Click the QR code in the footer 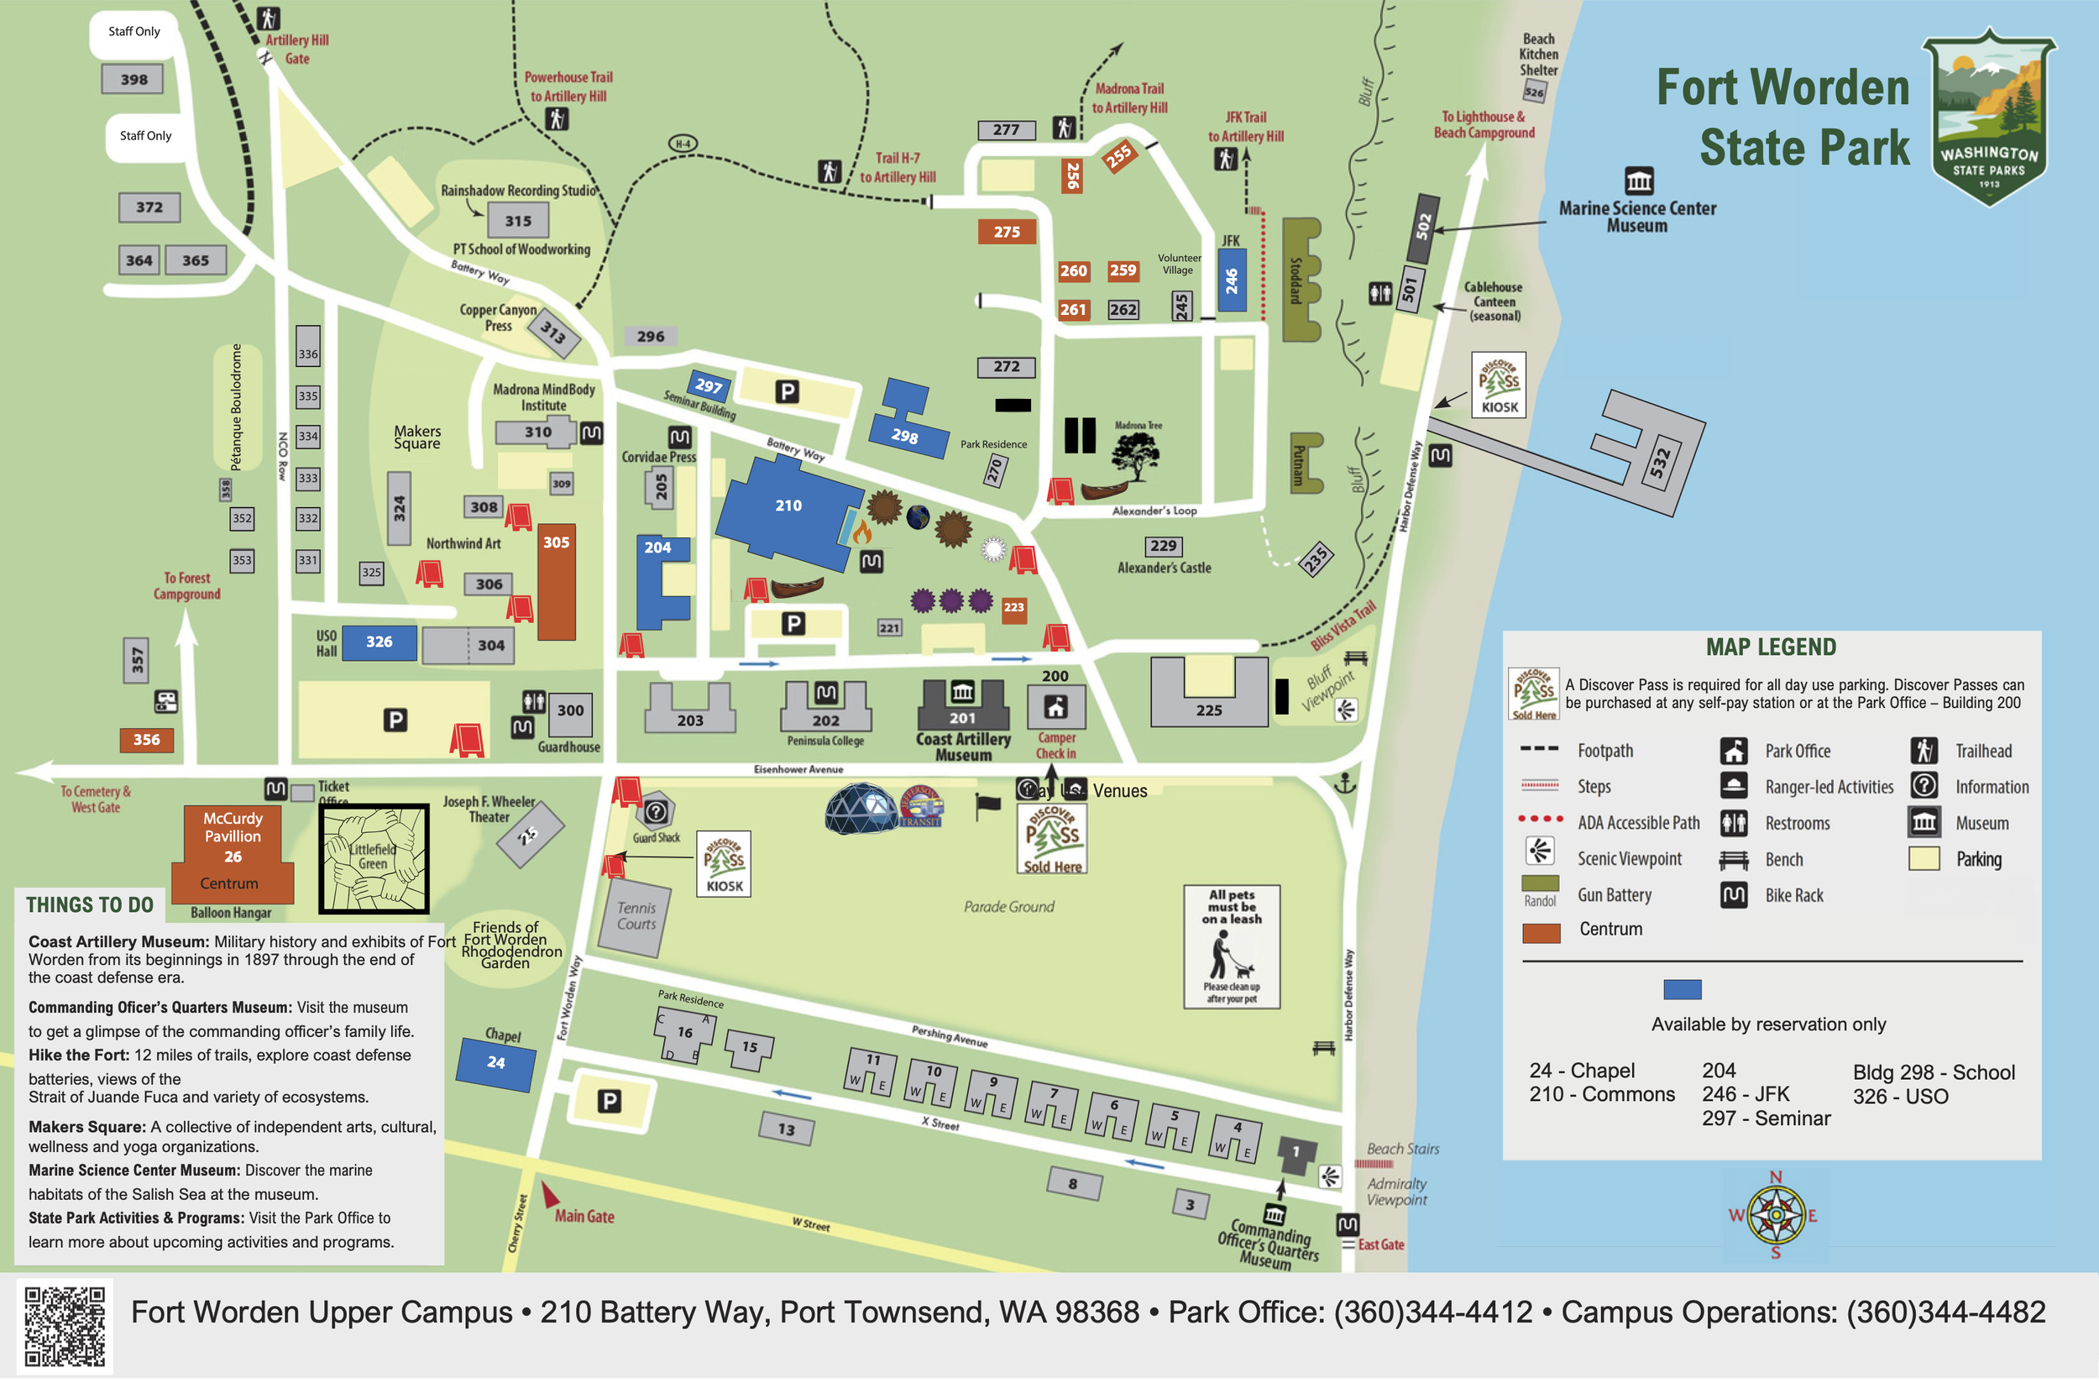pyautogui.click(x=65, y=1327)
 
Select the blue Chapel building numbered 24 pyautogui.click(x=495, y=1063)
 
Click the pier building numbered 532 pyautogui.click(x=1658, y=458)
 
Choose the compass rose pyautogui.click(x=1775, y=1215)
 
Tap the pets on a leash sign pyautogui.click(x=1231, y=946)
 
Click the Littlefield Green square pyautogui.click(x=374, y=858)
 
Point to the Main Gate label pyautogui.click(x=584, y=1216)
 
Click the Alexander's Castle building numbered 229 pyautogui.click(x=1164, y=546)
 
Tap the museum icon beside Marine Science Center pyautogui.click(x=1639, y=181)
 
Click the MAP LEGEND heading pyautogui.click(x=1771, y=647)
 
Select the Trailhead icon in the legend pyautogui.click(x=1924, y=751)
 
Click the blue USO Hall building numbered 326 pyautogui.click(x=379, y=642)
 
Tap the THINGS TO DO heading pyautogui.click(x=90, y=905)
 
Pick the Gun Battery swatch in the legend pyautogui.click(x=1540, y=883)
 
